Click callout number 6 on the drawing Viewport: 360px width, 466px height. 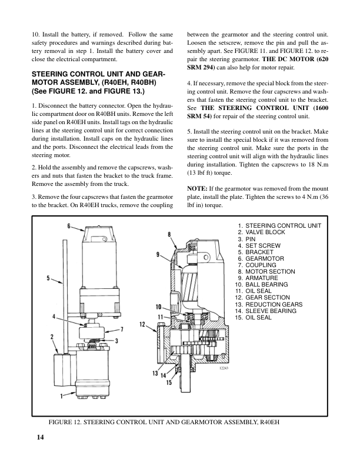coord(69,226)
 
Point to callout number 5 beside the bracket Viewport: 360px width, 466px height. coord(46,278)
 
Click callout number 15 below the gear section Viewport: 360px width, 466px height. coord(168,383)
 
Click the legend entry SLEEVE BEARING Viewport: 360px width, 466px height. coord(269,311)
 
